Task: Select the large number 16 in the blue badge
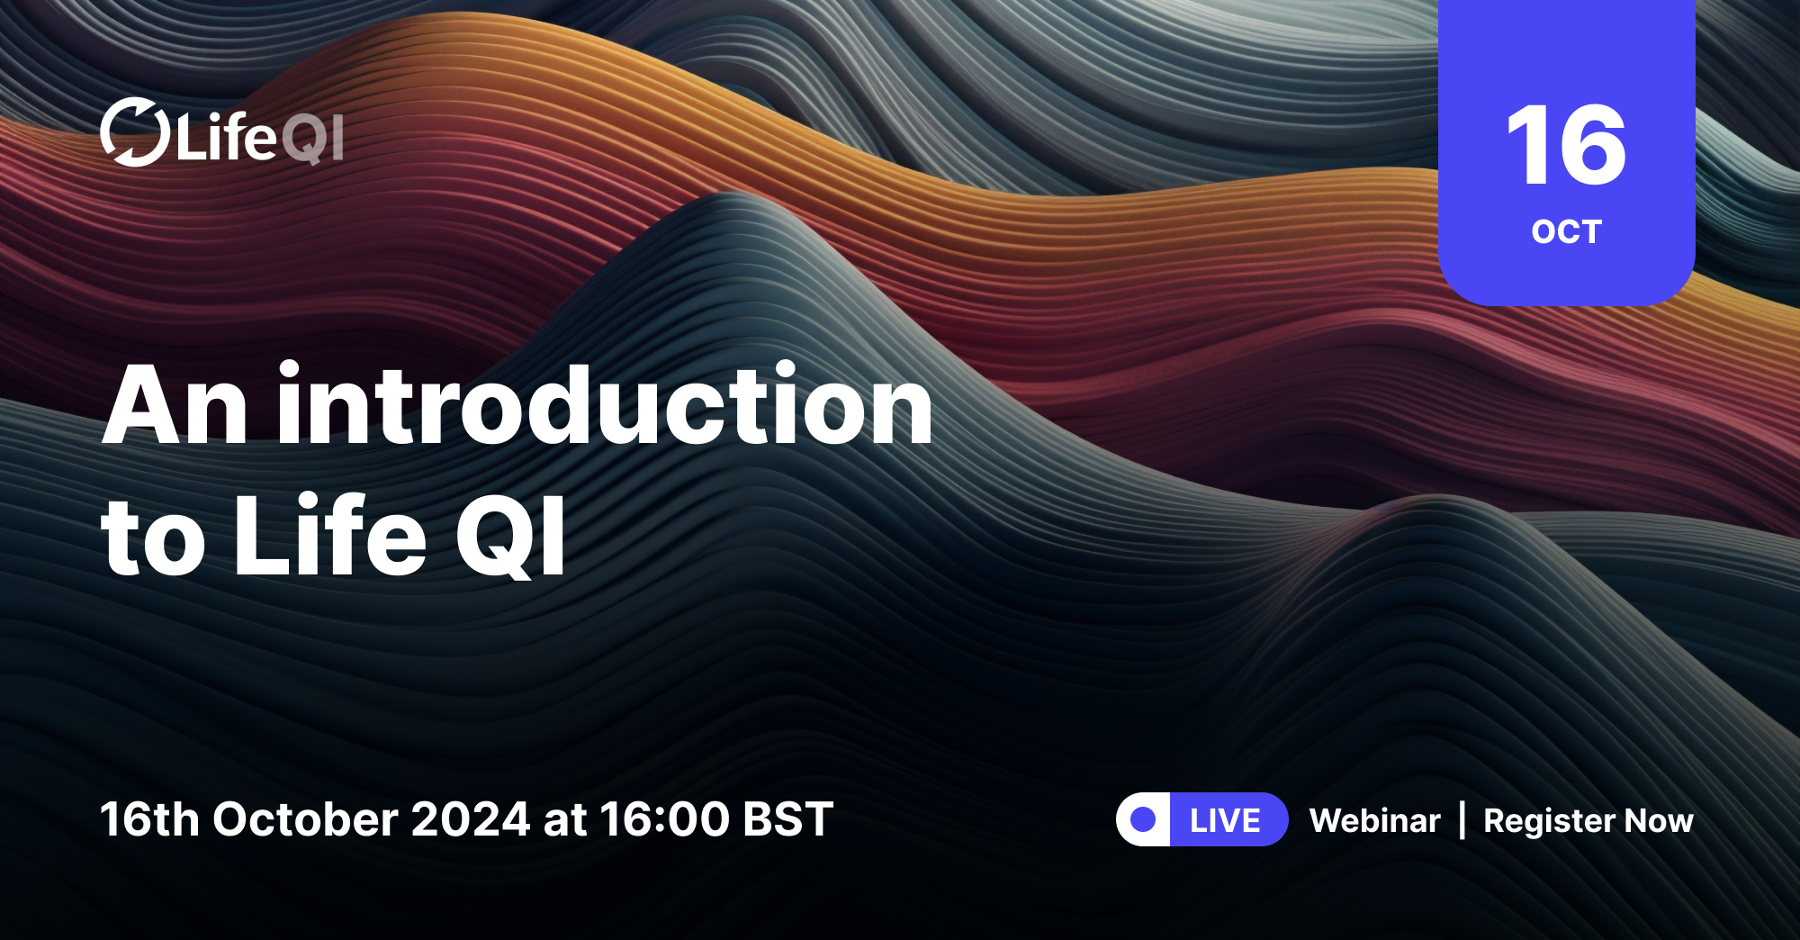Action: (1566, 145)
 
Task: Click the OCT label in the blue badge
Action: (1566, 232)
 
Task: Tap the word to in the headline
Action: (153, 538)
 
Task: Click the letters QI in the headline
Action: (511, 537)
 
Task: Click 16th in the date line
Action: (149, 819)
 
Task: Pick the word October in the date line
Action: (306, 819)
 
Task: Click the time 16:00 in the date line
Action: (664, 819)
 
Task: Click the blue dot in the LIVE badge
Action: (1143, 819)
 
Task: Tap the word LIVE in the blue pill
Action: (1225, 820)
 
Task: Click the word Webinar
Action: (1374, 820)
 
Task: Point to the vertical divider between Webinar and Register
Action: (1462, 820)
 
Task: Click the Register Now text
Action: (1588, 820)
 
